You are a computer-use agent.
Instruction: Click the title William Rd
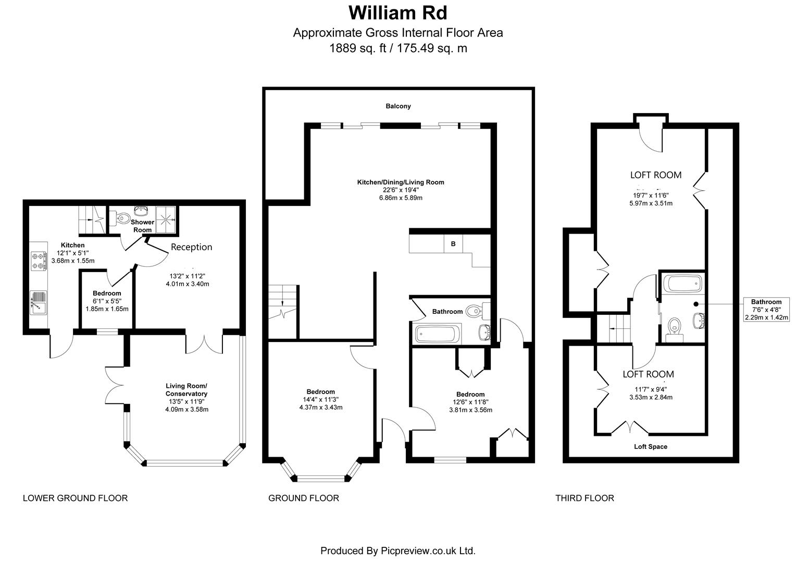(397, 12)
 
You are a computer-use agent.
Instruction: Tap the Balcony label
(398, 106)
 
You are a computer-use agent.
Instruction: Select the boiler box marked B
(453, 243)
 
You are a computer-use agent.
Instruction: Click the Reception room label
(191, 247)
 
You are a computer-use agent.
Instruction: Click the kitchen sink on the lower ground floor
(39, 302)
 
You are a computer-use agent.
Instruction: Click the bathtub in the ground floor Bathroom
(437, 334)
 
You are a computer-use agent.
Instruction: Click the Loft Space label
(650, 447)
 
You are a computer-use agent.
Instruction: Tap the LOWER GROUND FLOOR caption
(75, 498)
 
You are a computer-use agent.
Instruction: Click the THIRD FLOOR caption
(584, 498)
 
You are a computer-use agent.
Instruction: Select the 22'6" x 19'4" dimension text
(400, 190)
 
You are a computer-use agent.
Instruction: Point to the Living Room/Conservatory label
(186, 390)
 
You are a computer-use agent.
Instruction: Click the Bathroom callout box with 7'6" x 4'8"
(766, 309)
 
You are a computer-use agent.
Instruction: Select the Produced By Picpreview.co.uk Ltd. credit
(397, 550)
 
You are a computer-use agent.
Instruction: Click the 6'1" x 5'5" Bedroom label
(107, 293)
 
